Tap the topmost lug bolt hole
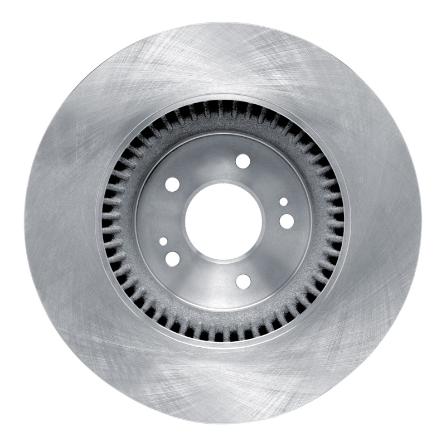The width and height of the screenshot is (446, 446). point(243,161)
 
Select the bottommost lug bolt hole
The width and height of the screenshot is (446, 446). point(243,282)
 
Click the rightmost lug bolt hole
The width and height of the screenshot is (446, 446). point(287,221)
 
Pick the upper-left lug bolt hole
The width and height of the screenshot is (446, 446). point(173,185)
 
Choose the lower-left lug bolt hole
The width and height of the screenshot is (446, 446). point(173,259)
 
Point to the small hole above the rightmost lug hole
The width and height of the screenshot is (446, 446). point(284,202)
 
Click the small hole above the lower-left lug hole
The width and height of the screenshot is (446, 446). point(163,241)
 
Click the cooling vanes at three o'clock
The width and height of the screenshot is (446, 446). point(333,222)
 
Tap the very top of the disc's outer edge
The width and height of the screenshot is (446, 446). point(223,23)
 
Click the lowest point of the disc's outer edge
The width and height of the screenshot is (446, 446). point(223,422)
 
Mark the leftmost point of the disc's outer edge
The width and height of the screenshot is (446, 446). point(24,222)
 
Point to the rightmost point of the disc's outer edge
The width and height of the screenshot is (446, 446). point(422,222)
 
